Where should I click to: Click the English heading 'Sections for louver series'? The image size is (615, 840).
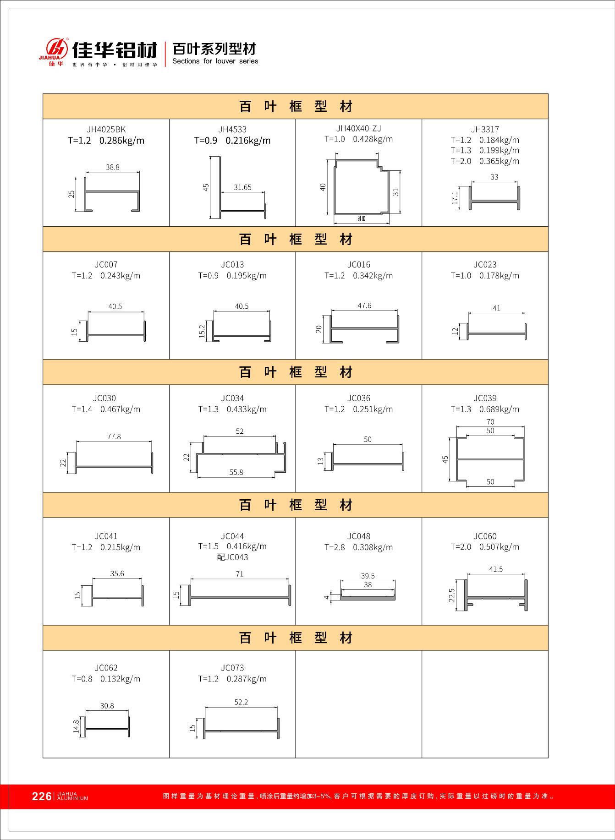(x=215, y=61)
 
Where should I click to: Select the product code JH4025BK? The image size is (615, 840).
(x=106, y=130)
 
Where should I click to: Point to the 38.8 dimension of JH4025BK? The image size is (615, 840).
(x=112, y=168)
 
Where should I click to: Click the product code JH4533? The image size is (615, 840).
(x=232, y=130)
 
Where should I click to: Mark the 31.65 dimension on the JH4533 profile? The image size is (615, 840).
(x=242, y=187)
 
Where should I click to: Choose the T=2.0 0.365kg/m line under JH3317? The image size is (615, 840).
(x=485, y=161)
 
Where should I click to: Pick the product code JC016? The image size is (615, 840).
(x=359, y=265)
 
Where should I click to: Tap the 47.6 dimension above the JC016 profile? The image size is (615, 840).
(x=364, y=305)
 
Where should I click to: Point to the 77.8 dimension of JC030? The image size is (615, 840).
(x=114, y=437)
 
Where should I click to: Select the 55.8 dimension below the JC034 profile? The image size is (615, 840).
(x=236, y=472)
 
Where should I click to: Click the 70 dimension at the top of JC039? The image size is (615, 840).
(x=490, y=422)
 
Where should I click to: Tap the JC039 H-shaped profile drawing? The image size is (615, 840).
(x=490, y=459)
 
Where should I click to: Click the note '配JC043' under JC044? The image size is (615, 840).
(x=232, y=557)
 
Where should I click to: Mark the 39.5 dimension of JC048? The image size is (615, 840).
(x=368, y=576)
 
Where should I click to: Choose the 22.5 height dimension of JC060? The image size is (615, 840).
(x=452, y=595)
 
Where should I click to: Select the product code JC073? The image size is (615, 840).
(x=232, y=668)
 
